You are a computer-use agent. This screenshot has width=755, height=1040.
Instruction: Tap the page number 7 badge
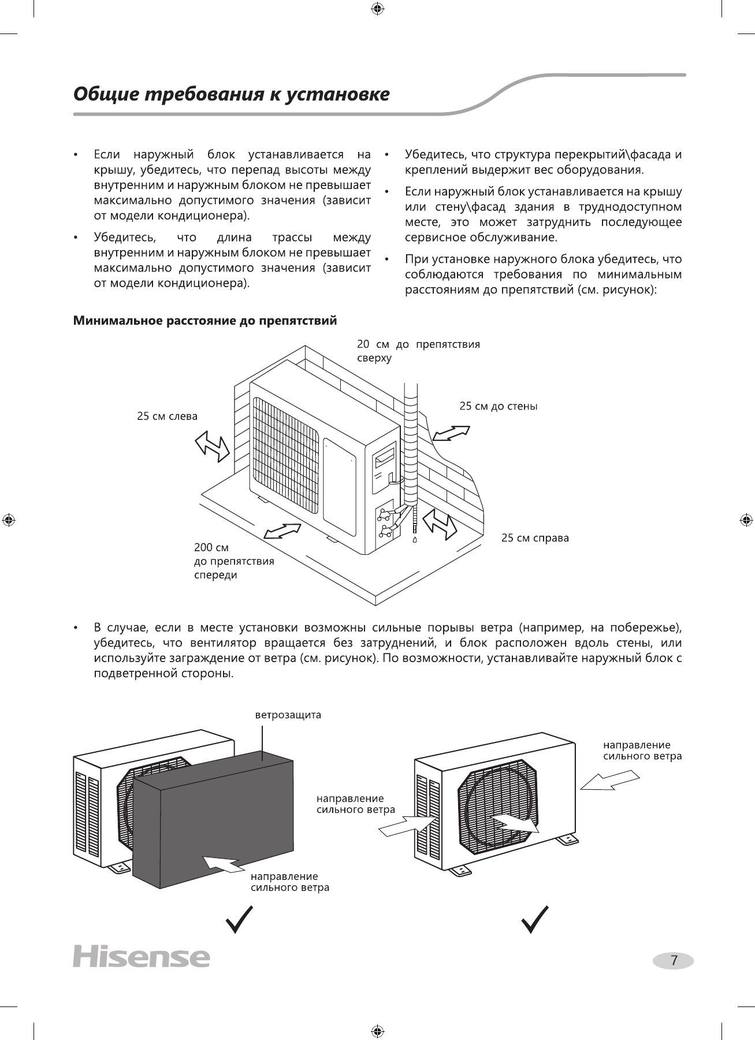674,960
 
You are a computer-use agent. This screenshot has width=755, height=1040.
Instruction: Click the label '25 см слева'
167,416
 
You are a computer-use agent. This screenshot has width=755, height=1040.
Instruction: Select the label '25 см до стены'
498,406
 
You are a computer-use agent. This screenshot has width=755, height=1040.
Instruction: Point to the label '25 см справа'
535,538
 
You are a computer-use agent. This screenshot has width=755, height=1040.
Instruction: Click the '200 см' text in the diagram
211,547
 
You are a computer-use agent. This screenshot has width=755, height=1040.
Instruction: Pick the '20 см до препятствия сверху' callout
418,351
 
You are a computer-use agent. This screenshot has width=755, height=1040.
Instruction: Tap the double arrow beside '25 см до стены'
451,433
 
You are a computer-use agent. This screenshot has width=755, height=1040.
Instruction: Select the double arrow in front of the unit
282,532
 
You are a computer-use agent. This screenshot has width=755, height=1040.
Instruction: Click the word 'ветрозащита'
288,715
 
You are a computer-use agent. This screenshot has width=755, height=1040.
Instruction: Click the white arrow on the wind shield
224,864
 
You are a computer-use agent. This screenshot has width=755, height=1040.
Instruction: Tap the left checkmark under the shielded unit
239,920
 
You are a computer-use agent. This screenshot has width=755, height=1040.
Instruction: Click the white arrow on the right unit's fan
515,823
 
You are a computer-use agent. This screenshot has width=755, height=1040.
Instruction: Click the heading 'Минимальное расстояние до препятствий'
204,320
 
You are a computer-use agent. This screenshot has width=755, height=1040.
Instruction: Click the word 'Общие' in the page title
105,94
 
